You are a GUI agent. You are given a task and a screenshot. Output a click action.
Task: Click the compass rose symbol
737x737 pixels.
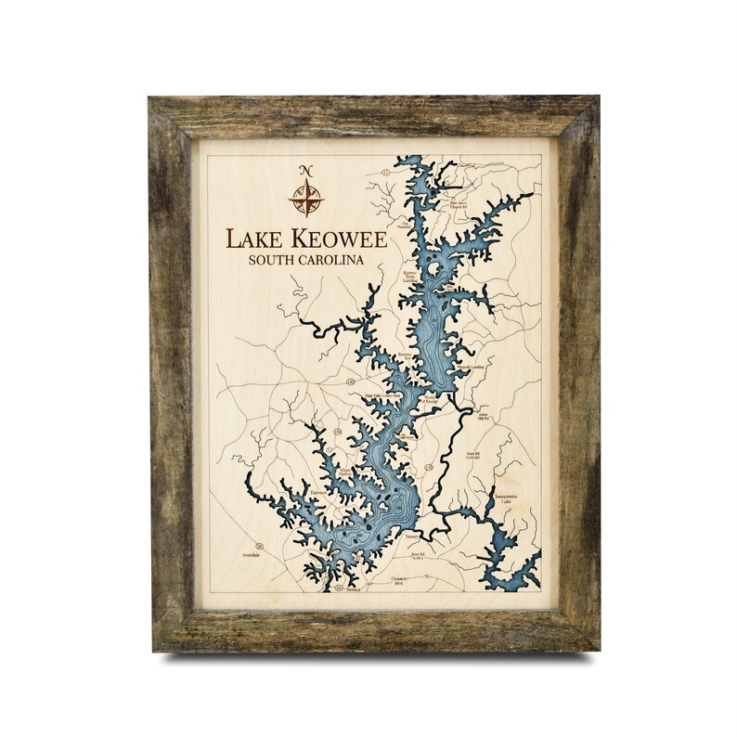(306, 196)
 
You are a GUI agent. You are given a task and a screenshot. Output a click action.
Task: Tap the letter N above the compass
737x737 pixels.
(306, 170)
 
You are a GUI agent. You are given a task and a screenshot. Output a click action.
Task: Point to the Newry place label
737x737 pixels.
(414, 537)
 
